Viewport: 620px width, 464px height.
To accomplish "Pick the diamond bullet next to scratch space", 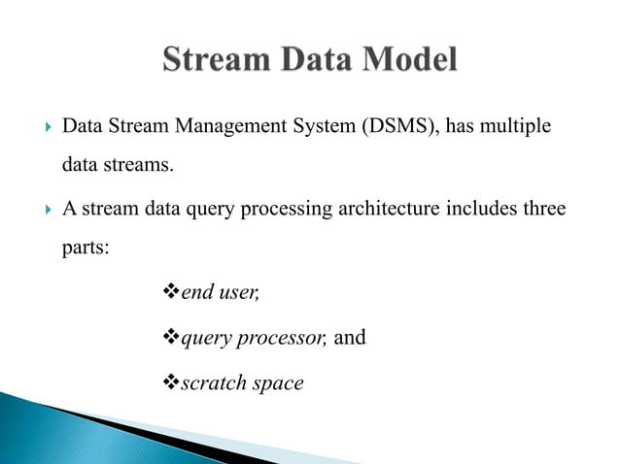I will pos(163,383).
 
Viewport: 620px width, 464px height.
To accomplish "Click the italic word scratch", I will pos(212,383).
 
